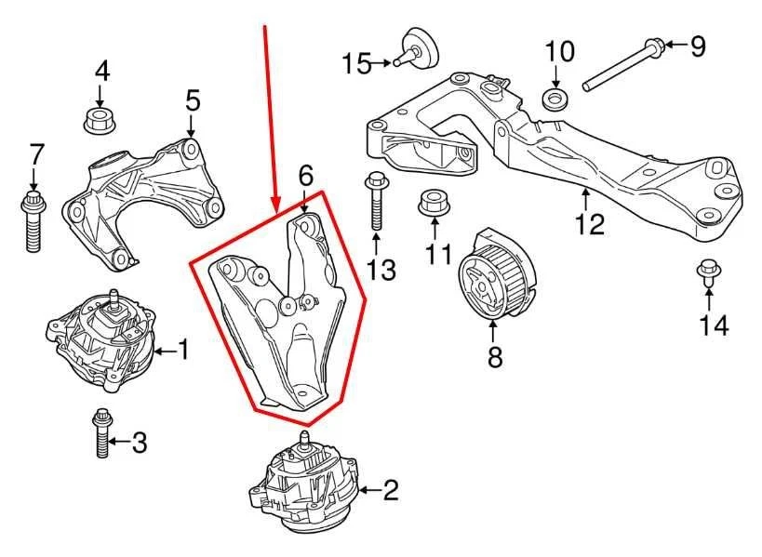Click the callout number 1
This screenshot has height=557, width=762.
[x=184, y=351]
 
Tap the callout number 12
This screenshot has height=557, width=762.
[x=589, y=223]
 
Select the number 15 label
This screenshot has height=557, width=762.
[x=355, y=63]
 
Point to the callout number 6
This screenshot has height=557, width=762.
[x=306, y=174]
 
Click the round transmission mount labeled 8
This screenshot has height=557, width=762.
[x=495, y=276]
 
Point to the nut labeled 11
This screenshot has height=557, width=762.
[x=430, y=204]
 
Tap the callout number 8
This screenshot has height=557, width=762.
[x=495, y=356]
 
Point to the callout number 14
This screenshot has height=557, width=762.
[x=715, y=325]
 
